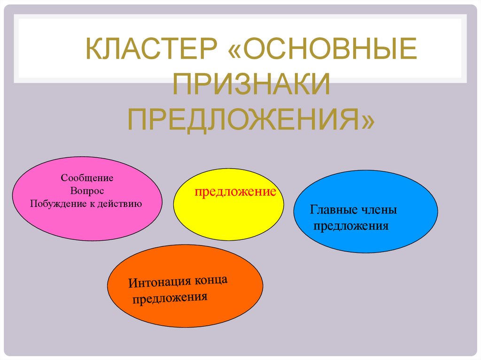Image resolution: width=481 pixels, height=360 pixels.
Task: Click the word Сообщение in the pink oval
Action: coord(87,179)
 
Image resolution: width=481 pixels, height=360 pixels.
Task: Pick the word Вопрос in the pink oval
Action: coord(87,191)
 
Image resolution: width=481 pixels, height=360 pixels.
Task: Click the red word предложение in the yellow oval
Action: coord(235,192)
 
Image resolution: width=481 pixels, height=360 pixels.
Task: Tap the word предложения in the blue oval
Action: coord(351,226)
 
